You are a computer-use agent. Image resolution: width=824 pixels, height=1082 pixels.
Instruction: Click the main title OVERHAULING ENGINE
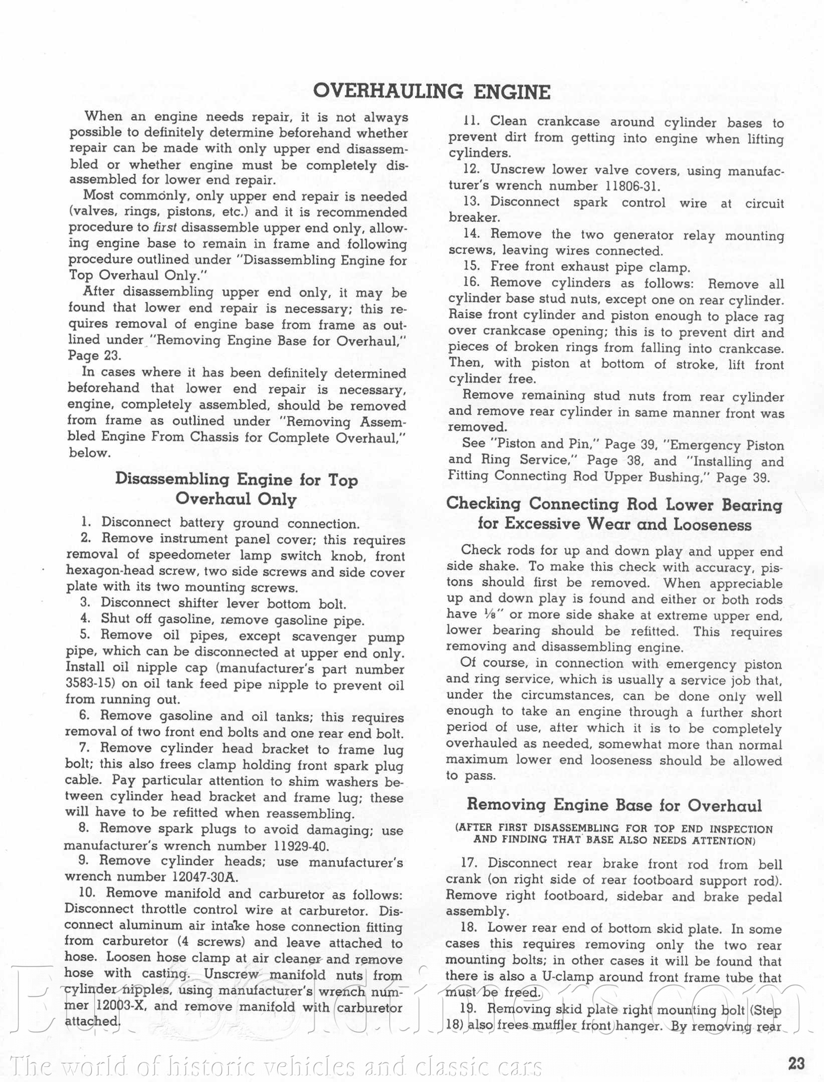432,92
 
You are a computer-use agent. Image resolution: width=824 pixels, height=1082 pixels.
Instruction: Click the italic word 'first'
165,228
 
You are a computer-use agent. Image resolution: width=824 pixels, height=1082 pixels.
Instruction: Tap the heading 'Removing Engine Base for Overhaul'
614,805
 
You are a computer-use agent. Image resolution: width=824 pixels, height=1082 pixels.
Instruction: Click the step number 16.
472,283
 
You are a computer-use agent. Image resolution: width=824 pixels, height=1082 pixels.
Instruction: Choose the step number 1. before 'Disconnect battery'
86,522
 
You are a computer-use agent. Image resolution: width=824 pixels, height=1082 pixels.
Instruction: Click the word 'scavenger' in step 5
325,636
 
